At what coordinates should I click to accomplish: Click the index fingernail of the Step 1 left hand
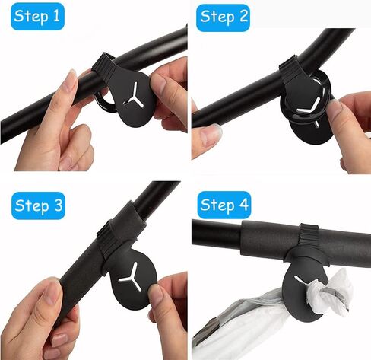70,80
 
